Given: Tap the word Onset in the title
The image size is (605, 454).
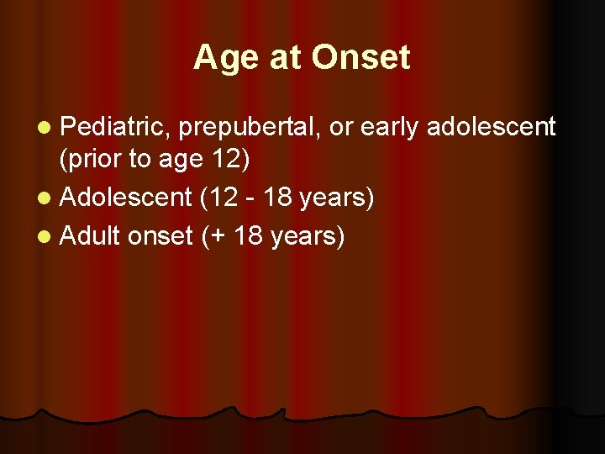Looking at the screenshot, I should [360, 58].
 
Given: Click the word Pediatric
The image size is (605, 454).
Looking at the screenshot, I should [113, 127].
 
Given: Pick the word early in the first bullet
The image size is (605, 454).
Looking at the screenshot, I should [391, 128].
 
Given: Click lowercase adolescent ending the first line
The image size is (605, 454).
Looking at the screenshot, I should [492, 127].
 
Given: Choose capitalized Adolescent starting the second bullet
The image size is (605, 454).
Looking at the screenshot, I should [127, 198].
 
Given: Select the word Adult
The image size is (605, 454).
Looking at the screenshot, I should [91, 236].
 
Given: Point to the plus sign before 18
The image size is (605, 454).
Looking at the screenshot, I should [218, 237].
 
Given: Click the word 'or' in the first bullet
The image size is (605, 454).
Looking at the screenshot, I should [342, 128].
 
